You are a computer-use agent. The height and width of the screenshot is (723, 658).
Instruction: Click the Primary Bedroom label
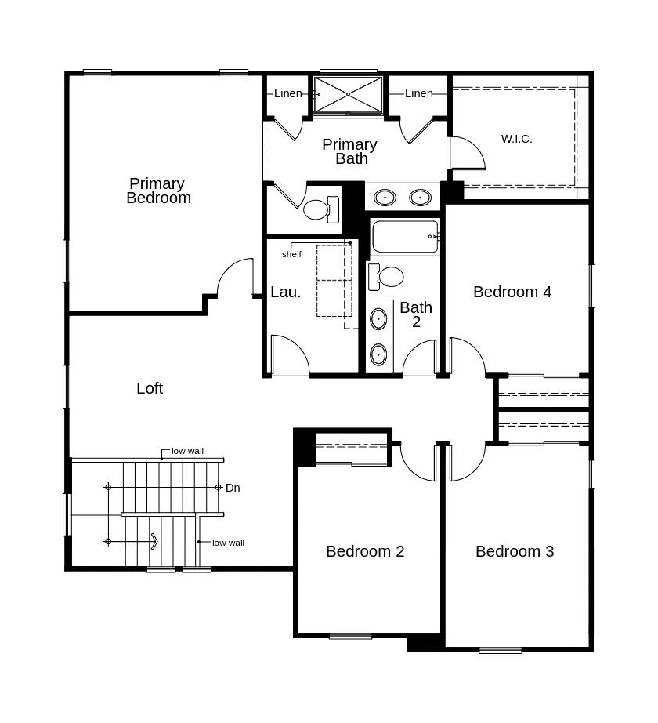158,191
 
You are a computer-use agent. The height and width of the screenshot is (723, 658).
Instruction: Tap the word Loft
150,388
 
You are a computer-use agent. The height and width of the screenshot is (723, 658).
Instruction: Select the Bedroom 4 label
512,292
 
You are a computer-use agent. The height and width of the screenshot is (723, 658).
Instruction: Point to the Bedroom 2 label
365,551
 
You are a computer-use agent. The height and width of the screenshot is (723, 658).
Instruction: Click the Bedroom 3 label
515,551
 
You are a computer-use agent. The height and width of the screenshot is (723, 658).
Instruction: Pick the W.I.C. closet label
517,139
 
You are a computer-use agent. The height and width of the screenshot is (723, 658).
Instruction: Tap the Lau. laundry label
285,292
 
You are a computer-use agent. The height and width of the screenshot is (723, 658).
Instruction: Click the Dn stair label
233,488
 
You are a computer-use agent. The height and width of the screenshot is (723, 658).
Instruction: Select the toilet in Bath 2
386,277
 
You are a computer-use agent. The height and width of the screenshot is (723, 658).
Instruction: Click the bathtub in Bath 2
405,237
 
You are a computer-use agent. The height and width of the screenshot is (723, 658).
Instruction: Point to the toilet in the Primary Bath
321,210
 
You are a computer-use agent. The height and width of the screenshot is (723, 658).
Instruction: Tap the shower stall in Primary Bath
348,95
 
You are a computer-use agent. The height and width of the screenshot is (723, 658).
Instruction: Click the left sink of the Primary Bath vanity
385,198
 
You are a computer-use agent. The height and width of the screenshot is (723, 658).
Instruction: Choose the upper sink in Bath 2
378,319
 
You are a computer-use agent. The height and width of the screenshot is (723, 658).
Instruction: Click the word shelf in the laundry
291,254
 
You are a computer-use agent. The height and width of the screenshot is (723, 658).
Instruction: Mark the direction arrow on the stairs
132,541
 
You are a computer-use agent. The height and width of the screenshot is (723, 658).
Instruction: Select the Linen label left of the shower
288,93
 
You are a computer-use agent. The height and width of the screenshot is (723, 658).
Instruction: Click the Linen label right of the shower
419,93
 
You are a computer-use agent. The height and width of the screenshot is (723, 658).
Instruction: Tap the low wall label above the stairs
187,452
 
